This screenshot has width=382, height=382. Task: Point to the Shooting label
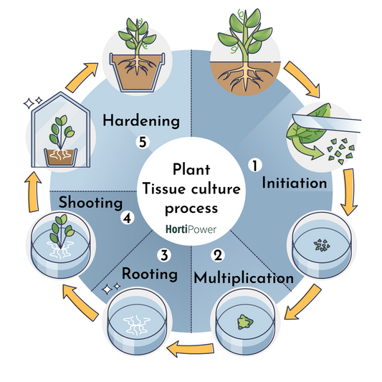pos(90,204)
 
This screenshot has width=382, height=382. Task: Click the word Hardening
pos(140,121)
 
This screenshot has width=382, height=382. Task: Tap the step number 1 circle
pos(253,166)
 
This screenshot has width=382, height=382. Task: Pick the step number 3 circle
pos(164,254)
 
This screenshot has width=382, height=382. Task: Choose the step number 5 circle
pos(143,143)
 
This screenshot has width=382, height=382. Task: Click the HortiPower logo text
pos(191,231)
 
